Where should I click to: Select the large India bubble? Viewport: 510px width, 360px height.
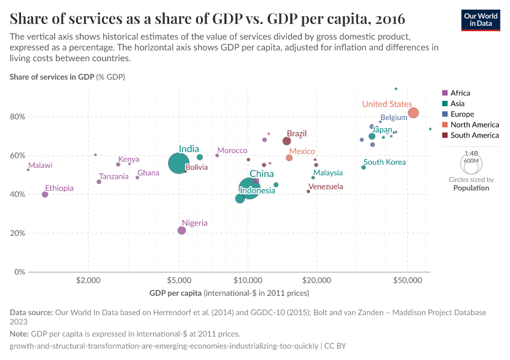178,163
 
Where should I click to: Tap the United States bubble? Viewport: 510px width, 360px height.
413,113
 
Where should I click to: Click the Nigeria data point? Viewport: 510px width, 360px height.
182,230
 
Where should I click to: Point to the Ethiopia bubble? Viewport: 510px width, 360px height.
45,194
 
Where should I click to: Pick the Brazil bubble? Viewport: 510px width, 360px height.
287,141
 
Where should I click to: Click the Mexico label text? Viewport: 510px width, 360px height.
302,151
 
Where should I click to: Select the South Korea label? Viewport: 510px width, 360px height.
385,162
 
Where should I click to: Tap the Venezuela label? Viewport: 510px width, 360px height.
325,187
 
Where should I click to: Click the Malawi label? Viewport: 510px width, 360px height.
40,166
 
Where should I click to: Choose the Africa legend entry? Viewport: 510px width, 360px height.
460,93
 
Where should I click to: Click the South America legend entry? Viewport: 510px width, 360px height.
470,136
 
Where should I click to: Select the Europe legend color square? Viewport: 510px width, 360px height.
445,114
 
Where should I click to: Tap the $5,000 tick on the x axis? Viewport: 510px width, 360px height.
179,280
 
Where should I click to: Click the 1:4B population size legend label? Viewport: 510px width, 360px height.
471,154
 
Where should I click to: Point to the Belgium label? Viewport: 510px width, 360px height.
394,118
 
